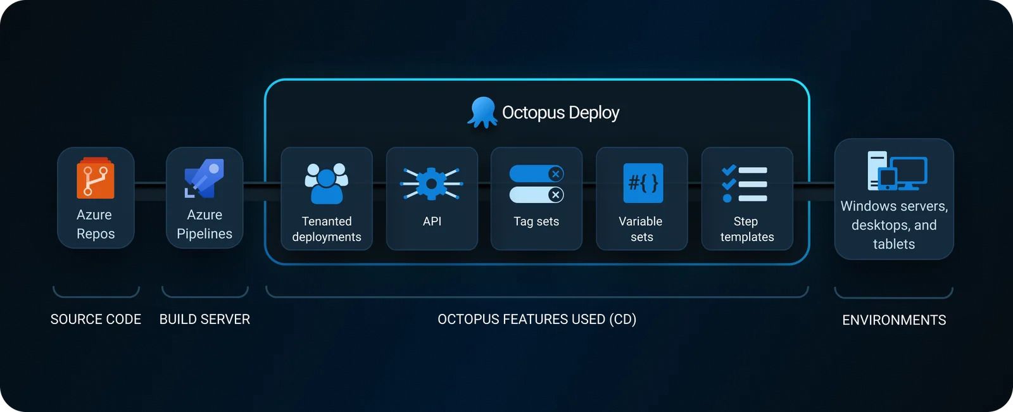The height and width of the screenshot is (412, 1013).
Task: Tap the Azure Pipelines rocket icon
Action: click(204, 178)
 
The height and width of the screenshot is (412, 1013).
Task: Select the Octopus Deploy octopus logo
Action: click(482, 113)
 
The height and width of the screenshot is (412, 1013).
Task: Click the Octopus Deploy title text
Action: click(560, 113)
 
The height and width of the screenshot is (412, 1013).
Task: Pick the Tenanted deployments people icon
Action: click(326, 184)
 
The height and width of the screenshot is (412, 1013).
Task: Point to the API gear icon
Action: click(432, 184)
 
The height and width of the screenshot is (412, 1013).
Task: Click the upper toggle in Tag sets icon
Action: click(536, 173)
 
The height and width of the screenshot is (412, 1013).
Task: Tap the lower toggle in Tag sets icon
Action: click(536, 194)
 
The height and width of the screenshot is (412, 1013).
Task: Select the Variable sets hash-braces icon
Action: click(643, 184)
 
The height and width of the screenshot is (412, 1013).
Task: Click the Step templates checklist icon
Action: click(745, 184)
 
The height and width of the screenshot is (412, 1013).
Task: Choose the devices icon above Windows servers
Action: click(897, 170)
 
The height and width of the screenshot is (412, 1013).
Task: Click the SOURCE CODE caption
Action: click(96, 320)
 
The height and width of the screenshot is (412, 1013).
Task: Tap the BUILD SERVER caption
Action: click(204, 320)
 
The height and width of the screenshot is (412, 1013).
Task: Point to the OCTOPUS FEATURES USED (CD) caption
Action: click(537, 320)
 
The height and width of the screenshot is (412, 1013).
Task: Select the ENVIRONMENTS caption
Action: click(894, 320)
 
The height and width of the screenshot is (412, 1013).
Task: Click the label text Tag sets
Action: click(536, 222)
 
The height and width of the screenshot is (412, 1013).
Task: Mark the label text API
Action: click(432, 222)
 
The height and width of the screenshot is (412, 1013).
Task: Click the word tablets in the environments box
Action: click(894, 244)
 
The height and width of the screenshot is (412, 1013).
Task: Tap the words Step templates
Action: click(747, 229)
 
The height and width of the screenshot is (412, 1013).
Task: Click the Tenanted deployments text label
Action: click(327, 229)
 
